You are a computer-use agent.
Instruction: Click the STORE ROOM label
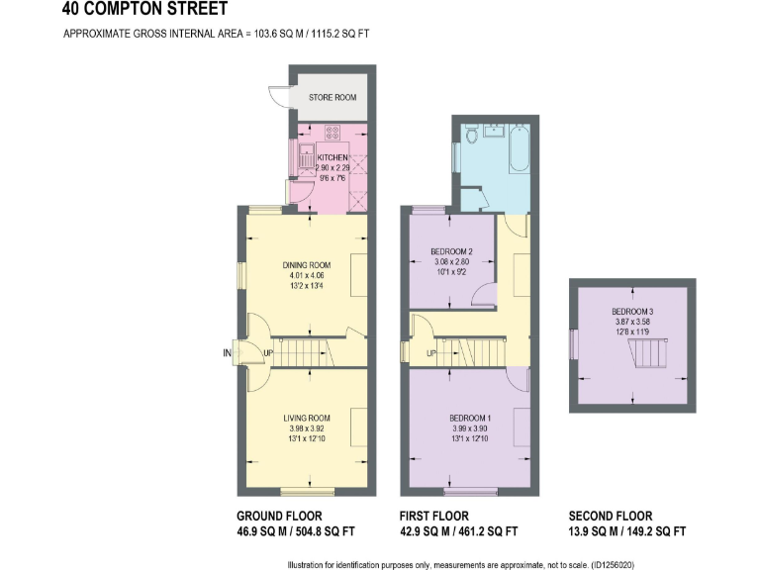(332, 98)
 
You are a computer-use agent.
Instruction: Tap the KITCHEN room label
(332, 158)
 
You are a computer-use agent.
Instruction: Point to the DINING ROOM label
(306, 265)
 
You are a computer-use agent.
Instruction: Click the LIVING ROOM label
(306, 418)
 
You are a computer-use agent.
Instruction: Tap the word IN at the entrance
(227, 352)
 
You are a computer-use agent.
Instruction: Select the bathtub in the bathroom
(520, 148)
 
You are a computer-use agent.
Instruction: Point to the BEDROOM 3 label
(631, 313)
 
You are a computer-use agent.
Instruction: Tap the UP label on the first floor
(431, 353)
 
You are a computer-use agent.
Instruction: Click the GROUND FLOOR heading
(279, 517)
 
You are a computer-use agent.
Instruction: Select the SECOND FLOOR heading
(611, 517)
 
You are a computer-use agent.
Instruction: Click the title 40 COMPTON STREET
(143, 10)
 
